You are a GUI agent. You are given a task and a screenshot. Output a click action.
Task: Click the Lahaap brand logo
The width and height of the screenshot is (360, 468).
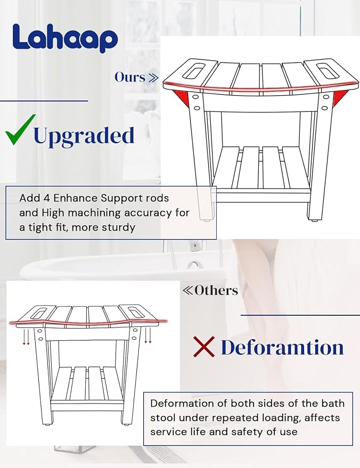64,38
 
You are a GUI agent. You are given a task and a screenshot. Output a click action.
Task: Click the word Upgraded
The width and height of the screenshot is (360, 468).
84,136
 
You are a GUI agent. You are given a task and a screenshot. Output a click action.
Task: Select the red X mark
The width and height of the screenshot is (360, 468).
203,347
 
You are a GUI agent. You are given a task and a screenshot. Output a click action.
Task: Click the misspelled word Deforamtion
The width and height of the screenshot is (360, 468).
282,347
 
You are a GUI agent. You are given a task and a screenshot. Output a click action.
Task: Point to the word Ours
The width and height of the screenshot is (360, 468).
130,77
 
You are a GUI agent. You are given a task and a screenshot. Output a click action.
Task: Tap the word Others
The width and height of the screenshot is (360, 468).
216,290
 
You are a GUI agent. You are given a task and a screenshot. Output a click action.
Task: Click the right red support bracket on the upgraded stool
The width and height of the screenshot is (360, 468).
339,97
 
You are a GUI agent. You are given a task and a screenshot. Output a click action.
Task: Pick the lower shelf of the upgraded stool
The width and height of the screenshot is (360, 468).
260,168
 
